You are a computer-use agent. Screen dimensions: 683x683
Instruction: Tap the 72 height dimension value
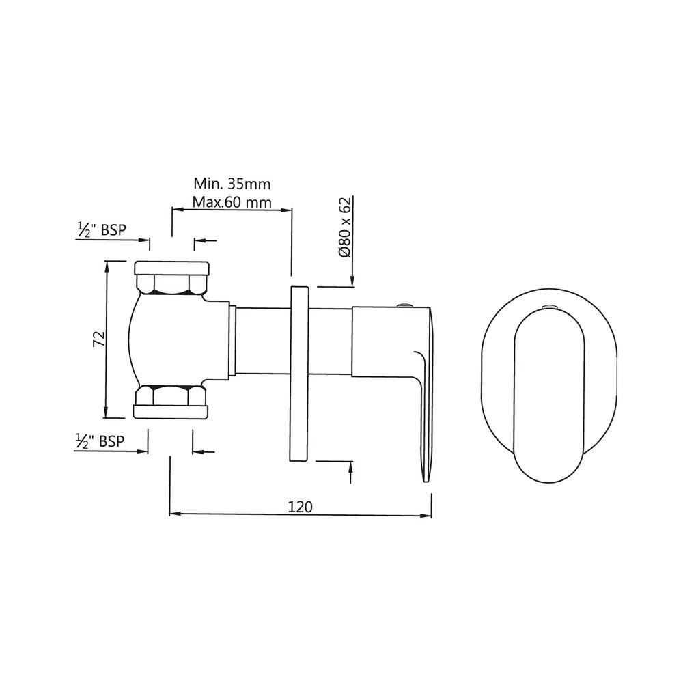coord(98,339)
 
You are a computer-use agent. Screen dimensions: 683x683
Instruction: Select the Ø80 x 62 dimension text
coord(345,226)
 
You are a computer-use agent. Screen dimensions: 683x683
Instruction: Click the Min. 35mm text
coord(232,184)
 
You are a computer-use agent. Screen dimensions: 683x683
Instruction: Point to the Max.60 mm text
coord(232,202)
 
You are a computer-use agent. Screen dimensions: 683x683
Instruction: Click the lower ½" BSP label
coord(101,441)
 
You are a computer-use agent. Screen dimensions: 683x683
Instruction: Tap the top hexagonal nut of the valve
coord(170,283)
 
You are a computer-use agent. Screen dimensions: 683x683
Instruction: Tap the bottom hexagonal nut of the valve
coord(170,396)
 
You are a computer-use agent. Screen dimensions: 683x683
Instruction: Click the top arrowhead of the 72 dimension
coord(105,266)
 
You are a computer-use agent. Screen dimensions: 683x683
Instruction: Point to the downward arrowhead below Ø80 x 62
coord(352,281)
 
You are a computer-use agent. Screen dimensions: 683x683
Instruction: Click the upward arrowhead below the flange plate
coord(351,467)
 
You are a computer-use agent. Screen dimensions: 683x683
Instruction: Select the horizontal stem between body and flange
coord(263,340)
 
